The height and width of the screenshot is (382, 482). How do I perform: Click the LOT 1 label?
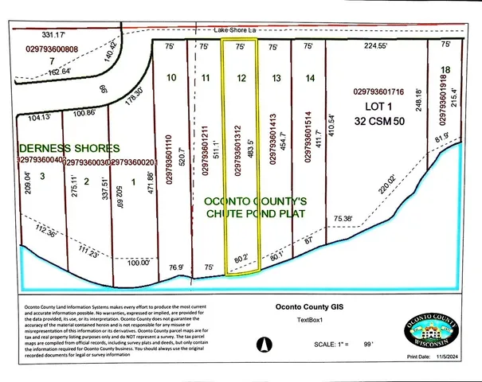[384, 107]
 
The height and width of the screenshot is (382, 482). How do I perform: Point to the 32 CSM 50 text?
[384, 121]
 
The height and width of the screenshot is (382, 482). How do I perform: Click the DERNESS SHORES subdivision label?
[69, 148]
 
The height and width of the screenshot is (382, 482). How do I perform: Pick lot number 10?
[171, 78]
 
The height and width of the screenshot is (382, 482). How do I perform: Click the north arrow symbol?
[263, 345]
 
